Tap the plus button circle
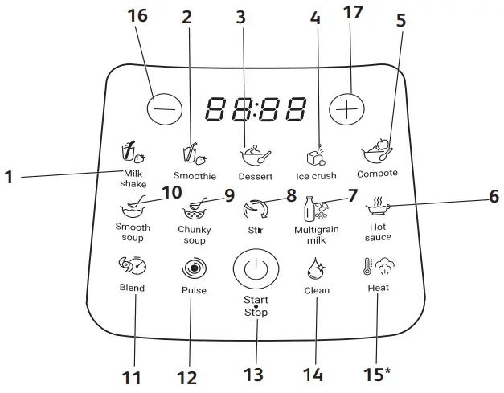346,108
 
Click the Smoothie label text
195,175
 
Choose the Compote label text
378,174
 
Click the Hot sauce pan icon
378,209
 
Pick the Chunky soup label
194,233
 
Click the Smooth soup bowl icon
132,211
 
